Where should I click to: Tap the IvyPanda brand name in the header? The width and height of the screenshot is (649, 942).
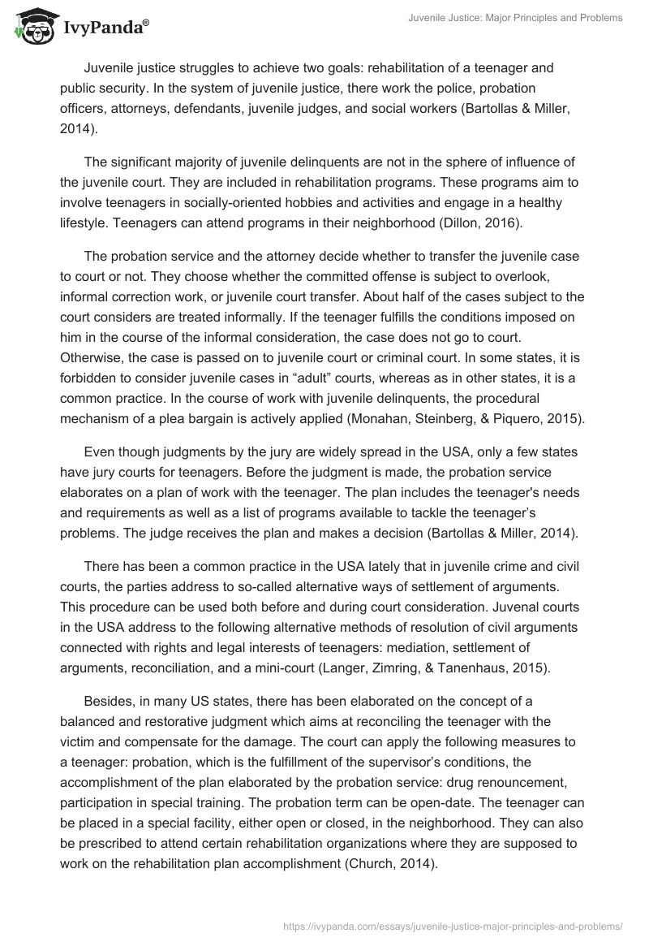pos(105,28)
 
